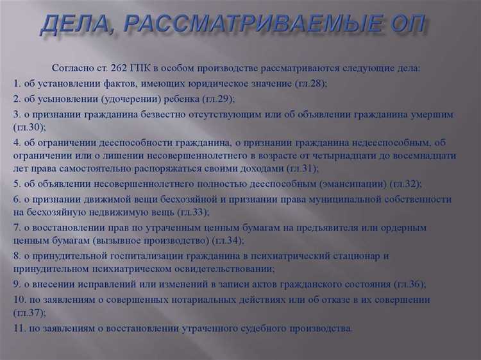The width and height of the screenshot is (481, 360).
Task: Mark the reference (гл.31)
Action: pyautogui.click(x=301, y=168)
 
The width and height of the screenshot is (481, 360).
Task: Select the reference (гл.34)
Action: pyautogui.click(x=225, y=241)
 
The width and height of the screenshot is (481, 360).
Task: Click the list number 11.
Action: pyautogui.click(x=19, y=328)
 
